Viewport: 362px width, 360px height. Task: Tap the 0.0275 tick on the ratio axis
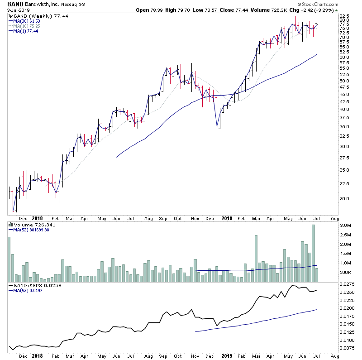[x=348, y=284]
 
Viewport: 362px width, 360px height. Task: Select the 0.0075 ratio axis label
[x=348, y=348]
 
